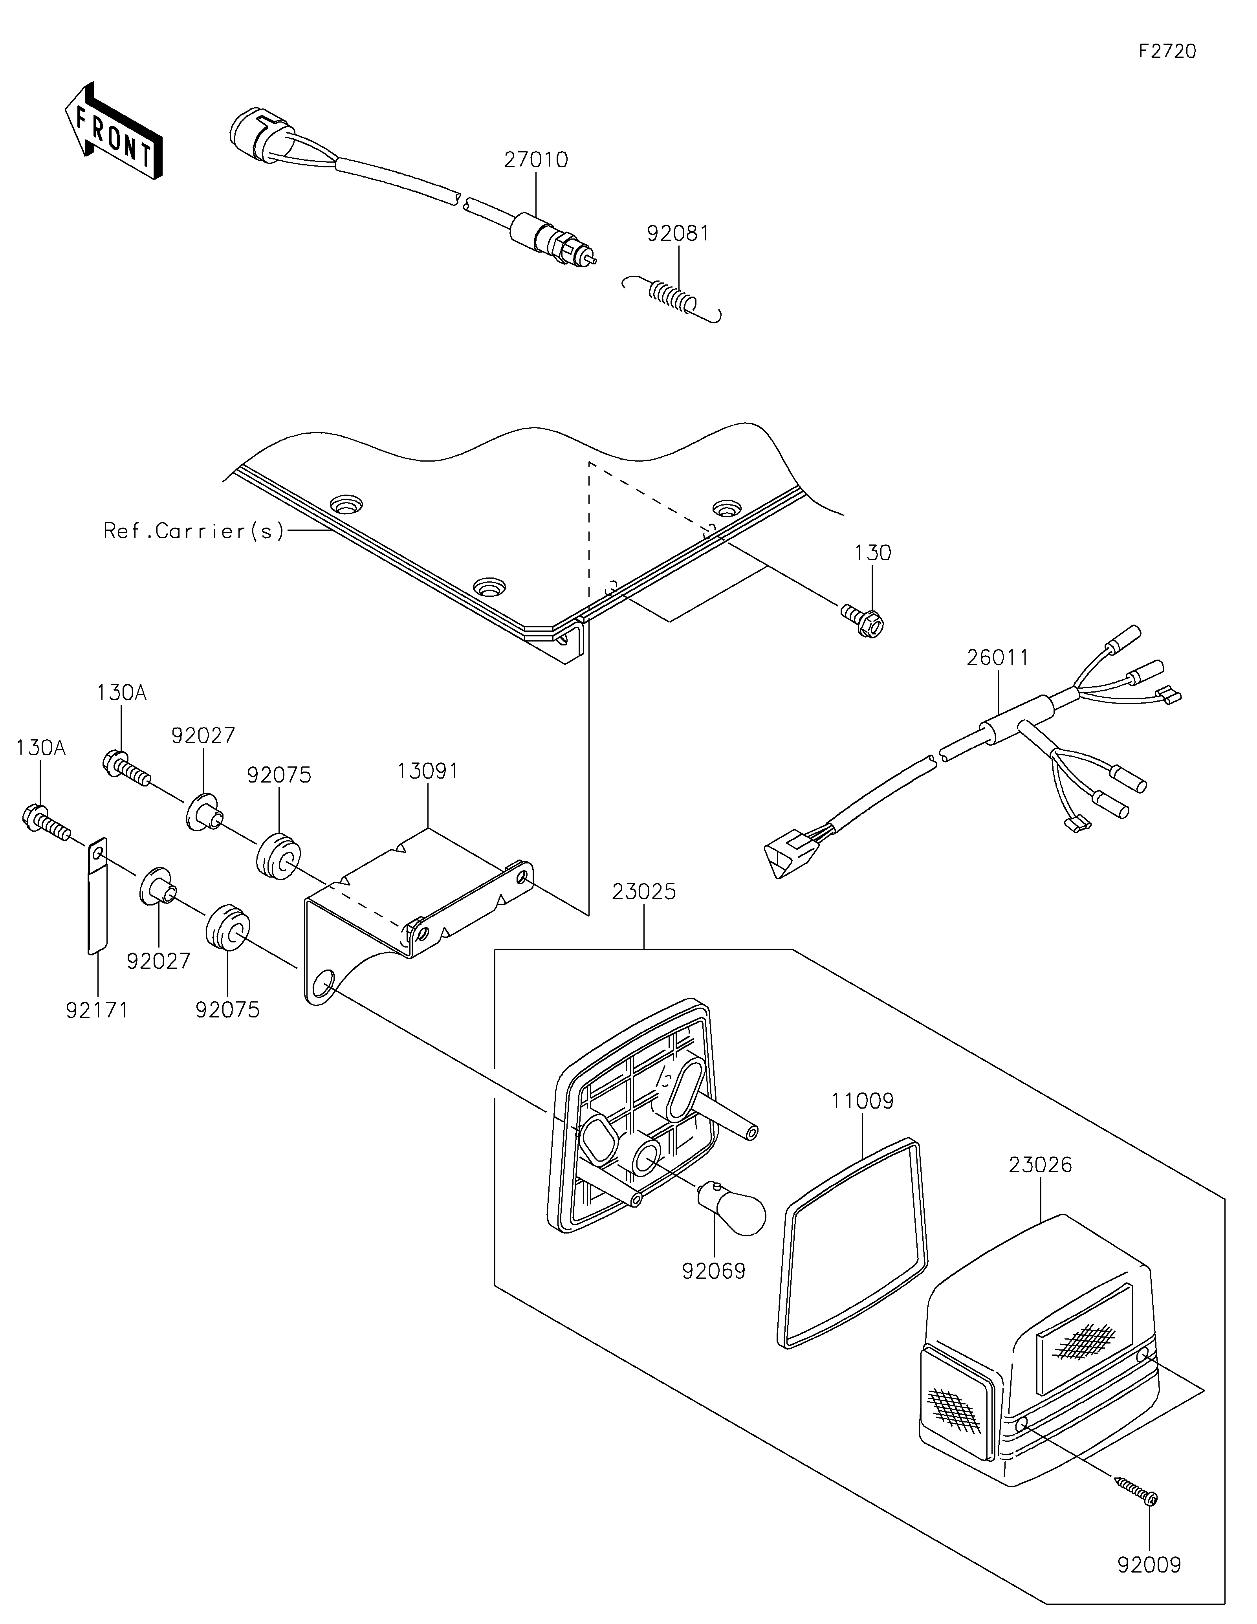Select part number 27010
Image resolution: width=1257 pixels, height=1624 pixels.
(536, 160)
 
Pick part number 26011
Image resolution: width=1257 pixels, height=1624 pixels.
(998, 657)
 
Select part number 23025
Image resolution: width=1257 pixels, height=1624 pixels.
(644, 892)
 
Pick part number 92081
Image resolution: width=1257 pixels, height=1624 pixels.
(678, 233)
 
